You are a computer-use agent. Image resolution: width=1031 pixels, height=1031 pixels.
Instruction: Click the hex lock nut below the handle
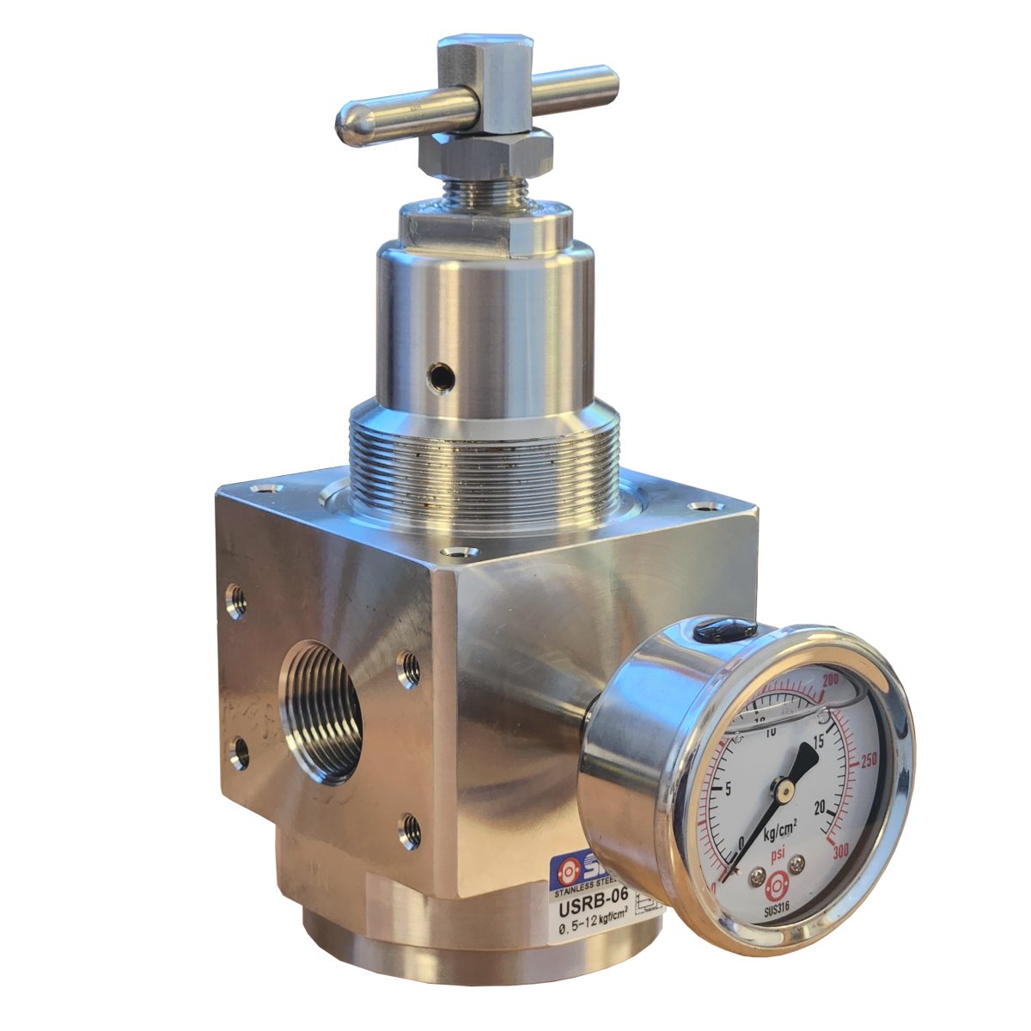coord(485,154)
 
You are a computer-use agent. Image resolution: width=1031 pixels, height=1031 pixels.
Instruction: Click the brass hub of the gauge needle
coord(783,786)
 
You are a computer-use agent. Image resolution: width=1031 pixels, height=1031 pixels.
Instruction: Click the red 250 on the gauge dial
coord(868,760)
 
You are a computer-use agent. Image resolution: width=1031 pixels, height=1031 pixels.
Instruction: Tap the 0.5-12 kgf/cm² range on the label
coord(593,929)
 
